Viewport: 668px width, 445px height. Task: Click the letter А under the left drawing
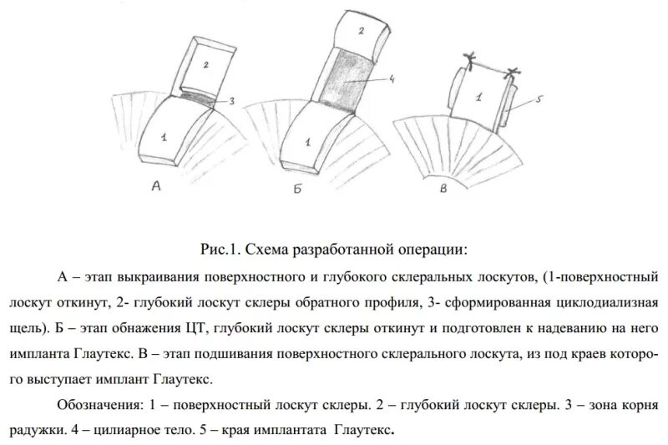[x=156, y=188]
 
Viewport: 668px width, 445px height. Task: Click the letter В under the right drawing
[x=443, y=190]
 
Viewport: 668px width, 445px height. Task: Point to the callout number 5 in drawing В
[x=539, y=99]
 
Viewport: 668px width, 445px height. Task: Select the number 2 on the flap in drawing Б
[x=360, y=31]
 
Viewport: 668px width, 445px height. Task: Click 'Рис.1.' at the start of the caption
[x=220, y=250]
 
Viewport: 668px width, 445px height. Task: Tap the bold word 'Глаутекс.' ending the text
[x=364, y=432]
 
